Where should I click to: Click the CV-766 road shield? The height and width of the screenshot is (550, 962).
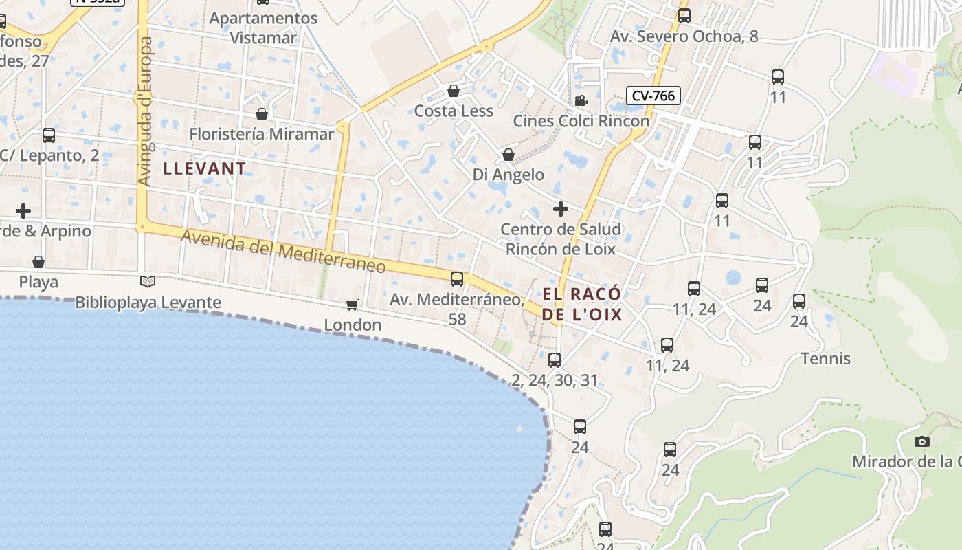click(653, 96)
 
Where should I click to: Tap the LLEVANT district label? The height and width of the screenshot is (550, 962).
click(204, 168)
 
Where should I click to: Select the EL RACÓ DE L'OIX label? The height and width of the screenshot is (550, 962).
click(582, 304)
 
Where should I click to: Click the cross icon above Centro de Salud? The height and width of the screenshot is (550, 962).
click(561, 208)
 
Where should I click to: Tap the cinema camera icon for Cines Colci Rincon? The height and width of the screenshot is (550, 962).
click(581, 100)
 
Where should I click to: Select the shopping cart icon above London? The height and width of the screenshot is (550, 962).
click(353, 304)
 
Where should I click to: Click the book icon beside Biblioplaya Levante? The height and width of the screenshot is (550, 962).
click(148, 281)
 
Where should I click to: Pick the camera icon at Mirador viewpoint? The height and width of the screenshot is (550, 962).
click(922, 441)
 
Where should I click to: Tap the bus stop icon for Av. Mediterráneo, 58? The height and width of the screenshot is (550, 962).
click(457, 279)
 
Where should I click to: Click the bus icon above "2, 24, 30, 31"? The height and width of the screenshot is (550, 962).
click(555, 360)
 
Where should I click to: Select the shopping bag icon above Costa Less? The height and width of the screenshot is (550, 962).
click(454, 91)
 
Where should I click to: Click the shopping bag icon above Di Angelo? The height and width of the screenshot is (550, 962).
click(508, 155)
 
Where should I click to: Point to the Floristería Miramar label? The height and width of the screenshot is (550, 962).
click(261, 133)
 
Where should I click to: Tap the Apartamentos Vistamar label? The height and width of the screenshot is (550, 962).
click(263, 27)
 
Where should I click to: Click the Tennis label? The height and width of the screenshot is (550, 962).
click(825, 358)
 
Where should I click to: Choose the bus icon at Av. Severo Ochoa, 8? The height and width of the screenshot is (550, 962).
click(684, 15)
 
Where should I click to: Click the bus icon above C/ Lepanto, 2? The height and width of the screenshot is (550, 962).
click(49, 135)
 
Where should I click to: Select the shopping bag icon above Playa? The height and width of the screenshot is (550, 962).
click(38, 262)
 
